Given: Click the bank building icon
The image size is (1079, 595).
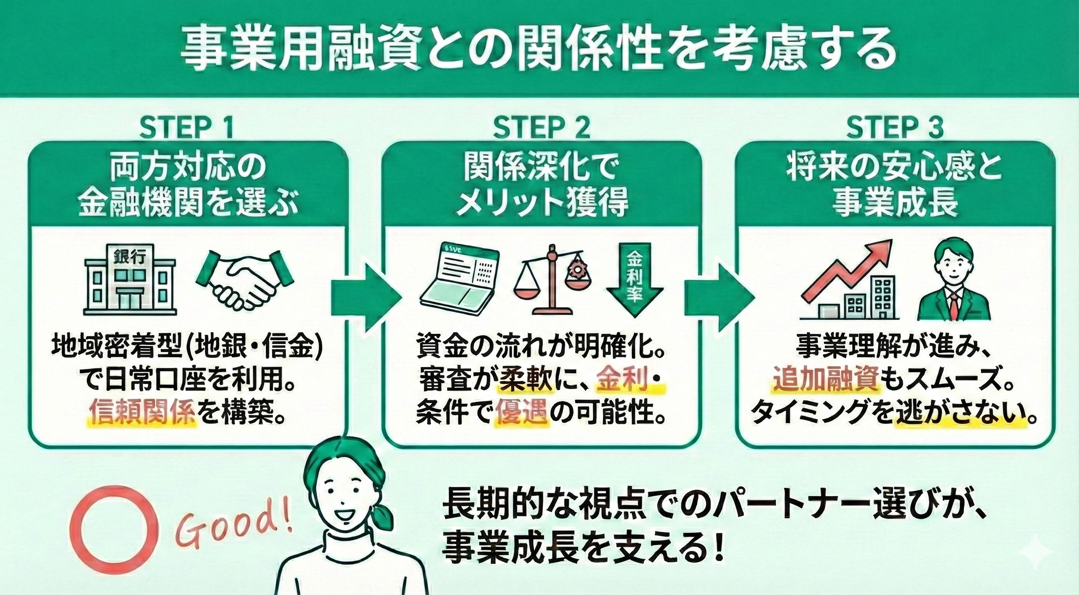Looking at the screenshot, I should tap(130, 280).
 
